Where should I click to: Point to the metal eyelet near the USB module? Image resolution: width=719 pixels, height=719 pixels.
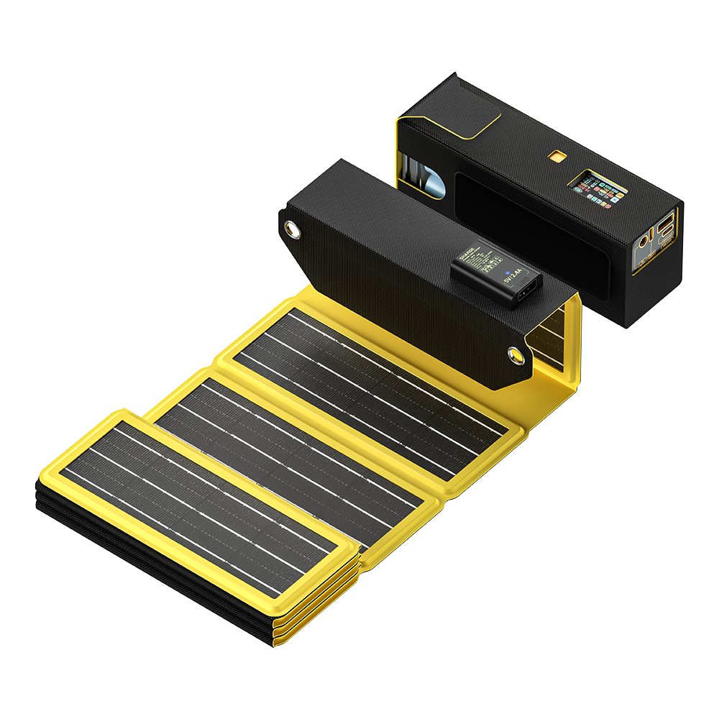[515, 354]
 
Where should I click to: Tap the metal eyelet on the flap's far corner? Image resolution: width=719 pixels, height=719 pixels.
[292, 229]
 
